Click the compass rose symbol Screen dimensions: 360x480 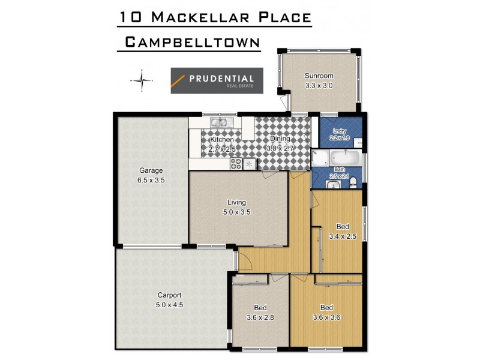click(142, 80)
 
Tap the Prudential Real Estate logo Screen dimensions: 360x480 click(216, 80)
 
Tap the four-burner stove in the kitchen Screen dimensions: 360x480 click(236, 163)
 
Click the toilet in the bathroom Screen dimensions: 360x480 click(355, 181)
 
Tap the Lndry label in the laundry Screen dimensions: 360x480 click(338, 130)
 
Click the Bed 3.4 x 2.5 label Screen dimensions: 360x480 click(342, 231)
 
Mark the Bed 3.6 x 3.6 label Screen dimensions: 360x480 click(326, 313)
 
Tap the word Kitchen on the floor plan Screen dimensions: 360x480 click(221, 140)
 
